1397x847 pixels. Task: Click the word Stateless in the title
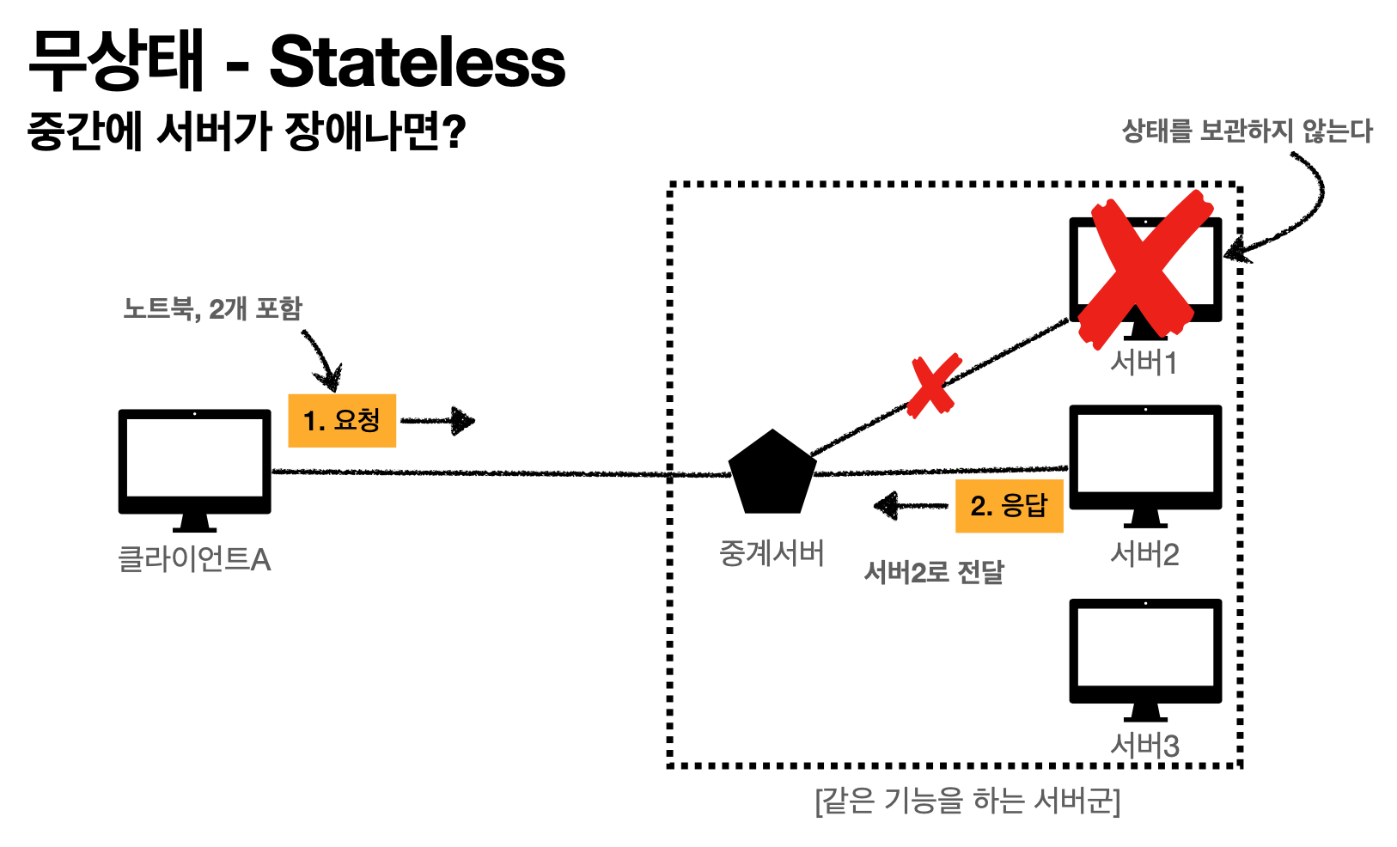point(418,62)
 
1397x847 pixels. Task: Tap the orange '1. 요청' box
point(342,421)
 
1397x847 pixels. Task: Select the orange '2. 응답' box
point(1010,506)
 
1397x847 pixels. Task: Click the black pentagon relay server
point(772,473)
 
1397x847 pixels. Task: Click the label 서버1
point(1144,363)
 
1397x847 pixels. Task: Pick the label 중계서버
point(772,553)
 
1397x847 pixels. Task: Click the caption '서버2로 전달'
point(933,572)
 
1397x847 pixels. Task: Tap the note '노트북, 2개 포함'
point(212,308)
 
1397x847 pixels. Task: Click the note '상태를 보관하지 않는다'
point(1247,131)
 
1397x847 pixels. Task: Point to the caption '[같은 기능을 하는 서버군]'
point(967,801)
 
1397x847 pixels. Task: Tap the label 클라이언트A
point(194,560)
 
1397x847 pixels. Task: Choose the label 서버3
point(1144,745)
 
